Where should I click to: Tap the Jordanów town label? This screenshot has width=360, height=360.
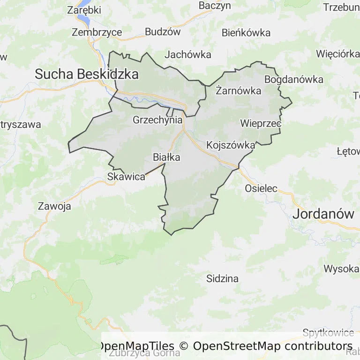323,214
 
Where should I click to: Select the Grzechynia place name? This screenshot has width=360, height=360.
157,120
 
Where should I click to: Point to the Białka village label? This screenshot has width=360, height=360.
166,157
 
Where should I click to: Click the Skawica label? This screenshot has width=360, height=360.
126,177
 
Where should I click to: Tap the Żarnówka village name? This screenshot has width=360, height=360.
238,91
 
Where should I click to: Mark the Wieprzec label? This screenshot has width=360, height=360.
260,123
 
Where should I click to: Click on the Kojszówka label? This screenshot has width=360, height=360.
231,145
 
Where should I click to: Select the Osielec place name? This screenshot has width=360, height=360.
261,188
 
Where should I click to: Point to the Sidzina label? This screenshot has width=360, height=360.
222,278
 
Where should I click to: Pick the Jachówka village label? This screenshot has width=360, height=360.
188,54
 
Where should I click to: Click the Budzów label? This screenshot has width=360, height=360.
163,32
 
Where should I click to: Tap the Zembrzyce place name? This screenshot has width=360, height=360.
97,32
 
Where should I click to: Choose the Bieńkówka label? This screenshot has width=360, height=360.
246,32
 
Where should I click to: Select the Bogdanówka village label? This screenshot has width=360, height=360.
293,79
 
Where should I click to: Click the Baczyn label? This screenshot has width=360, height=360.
215,6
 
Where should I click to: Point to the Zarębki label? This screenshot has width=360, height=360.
84,9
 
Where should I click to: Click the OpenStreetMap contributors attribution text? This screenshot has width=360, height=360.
272,346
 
